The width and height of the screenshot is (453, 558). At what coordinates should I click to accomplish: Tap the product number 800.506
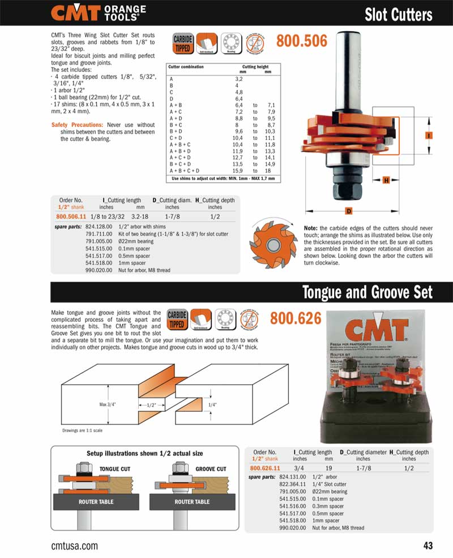tap(301, 41)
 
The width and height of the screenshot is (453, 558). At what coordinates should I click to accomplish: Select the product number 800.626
tap(296, 318)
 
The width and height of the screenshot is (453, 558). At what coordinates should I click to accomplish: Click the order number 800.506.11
tap(71, 216)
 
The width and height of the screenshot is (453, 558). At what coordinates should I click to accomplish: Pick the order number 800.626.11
tap(265, 468)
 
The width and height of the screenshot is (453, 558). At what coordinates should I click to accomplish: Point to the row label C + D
tap(176, 138)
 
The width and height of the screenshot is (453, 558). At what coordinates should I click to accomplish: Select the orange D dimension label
tap(349, 211)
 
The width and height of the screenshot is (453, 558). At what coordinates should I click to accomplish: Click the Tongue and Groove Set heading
tap(367, 292)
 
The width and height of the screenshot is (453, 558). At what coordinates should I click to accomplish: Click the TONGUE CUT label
tap(115, 469)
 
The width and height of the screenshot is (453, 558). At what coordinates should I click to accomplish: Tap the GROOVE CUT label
tap(211, 469)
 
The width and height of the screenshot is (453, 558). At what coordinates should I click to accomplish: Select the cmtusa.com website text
tap(74, 546)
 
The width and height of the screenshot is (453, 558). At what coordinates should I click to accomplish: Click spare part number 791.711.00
tap(99, 233)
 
